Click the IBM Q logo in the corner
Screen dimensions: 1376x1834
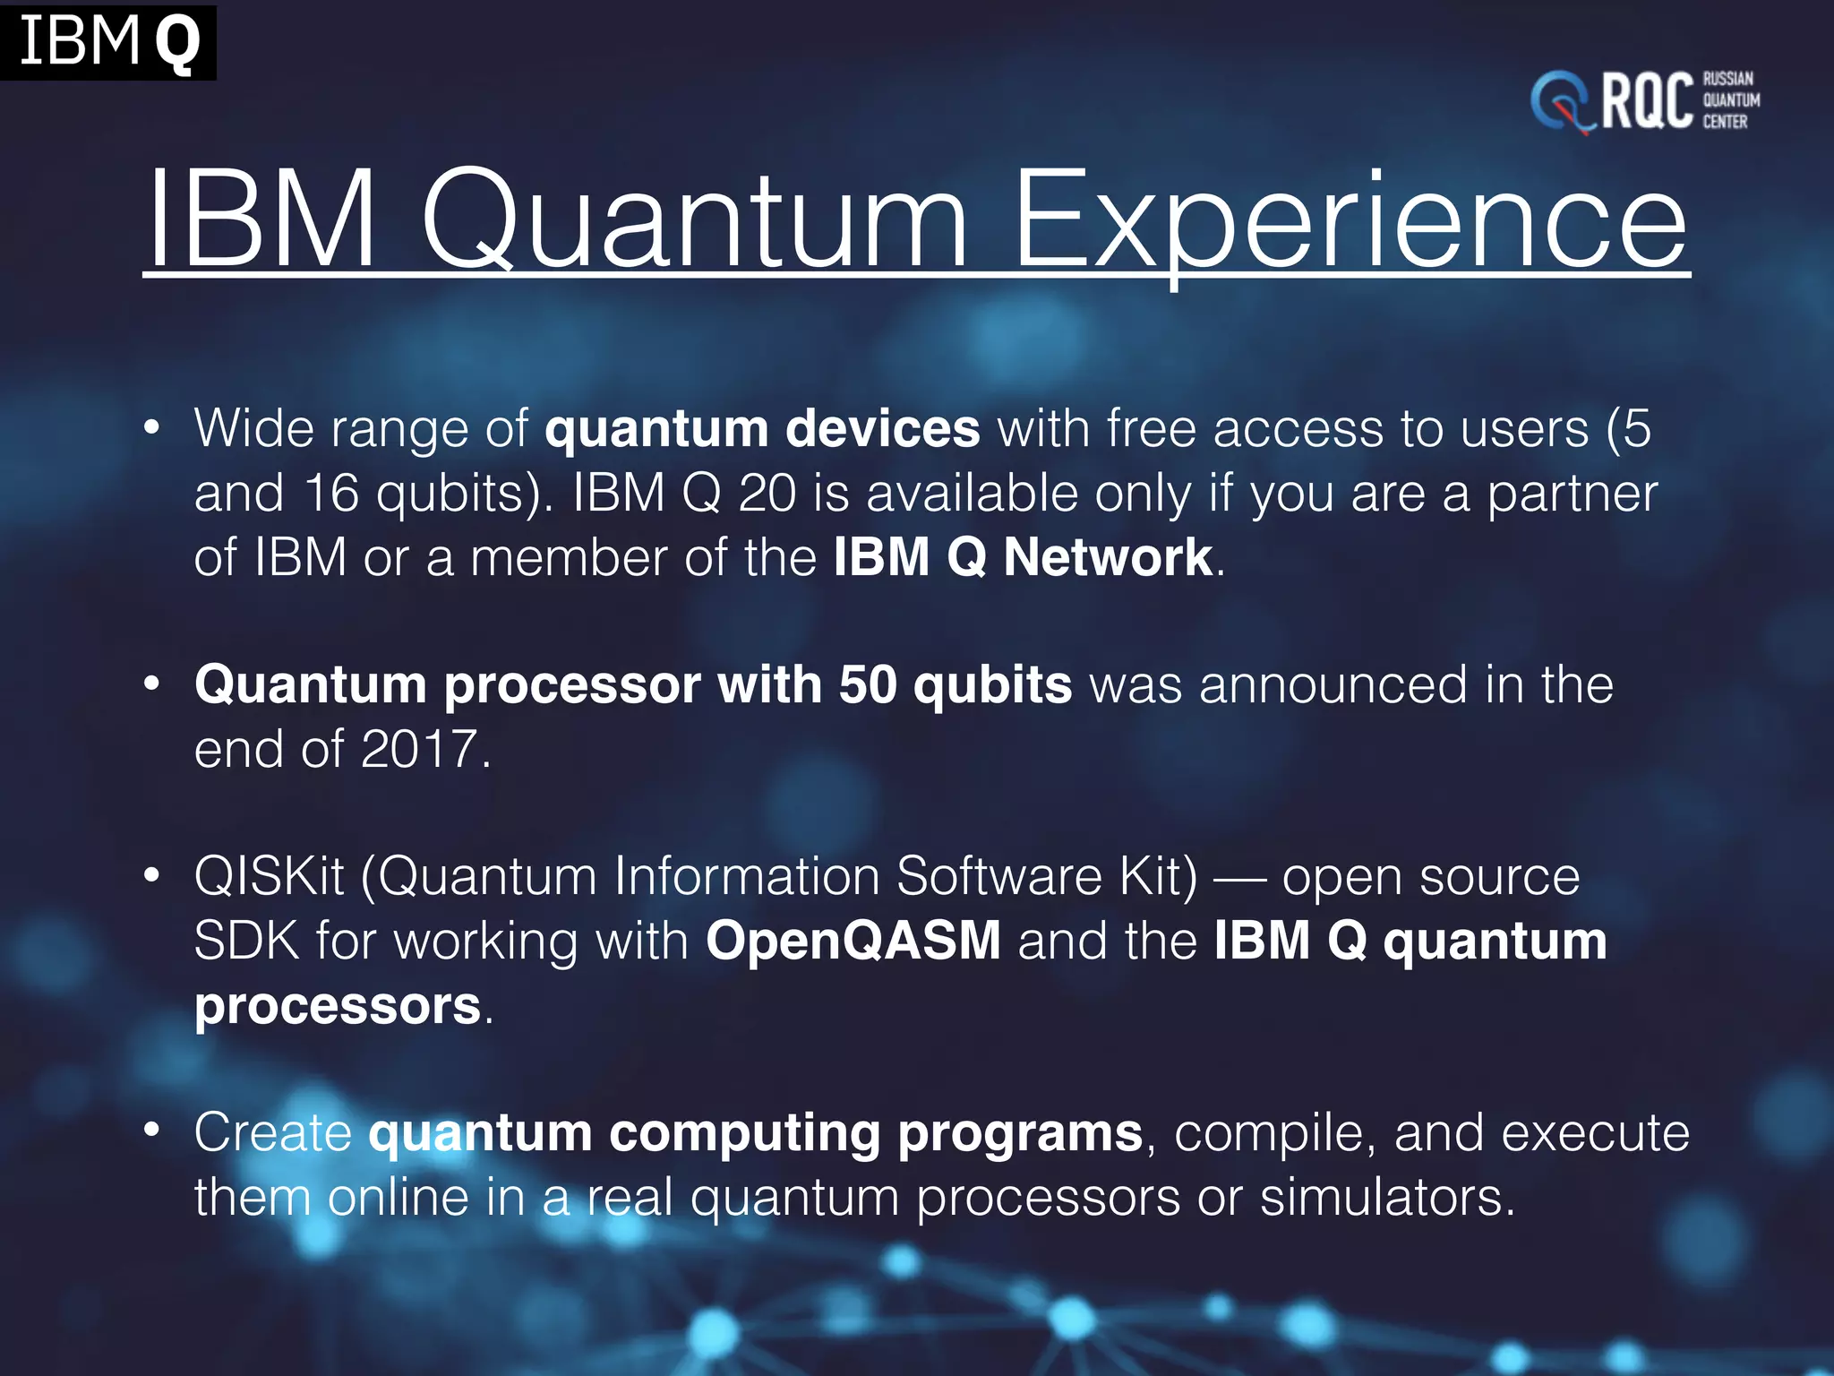pos(107,41)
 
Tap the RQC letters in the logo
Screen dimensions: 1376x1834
pos(1646,101)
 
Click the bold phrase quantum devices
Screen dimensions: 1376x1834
pos(762,428)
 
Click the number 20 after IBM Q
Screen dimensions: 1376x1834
pos(767,493)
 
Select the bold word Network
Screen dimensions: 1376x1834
pos(1108,557)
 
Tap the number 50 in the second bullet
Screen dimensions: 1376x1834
pos(867,684)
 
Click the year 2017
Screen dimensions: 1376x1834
pos(418,749)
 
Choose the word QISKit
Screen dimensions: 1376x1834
pos(269,876)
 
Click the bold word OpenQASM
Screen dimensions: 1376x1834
pos(853,941)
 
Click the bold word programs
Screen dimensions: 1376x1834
pos(1020,1134)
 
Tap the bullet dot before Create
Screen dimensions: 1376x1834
pos(152,1131)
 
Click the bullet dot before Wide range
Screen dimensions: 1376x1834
pos(152,427)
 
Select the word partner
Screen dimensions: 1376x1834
pos(1572,494)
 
